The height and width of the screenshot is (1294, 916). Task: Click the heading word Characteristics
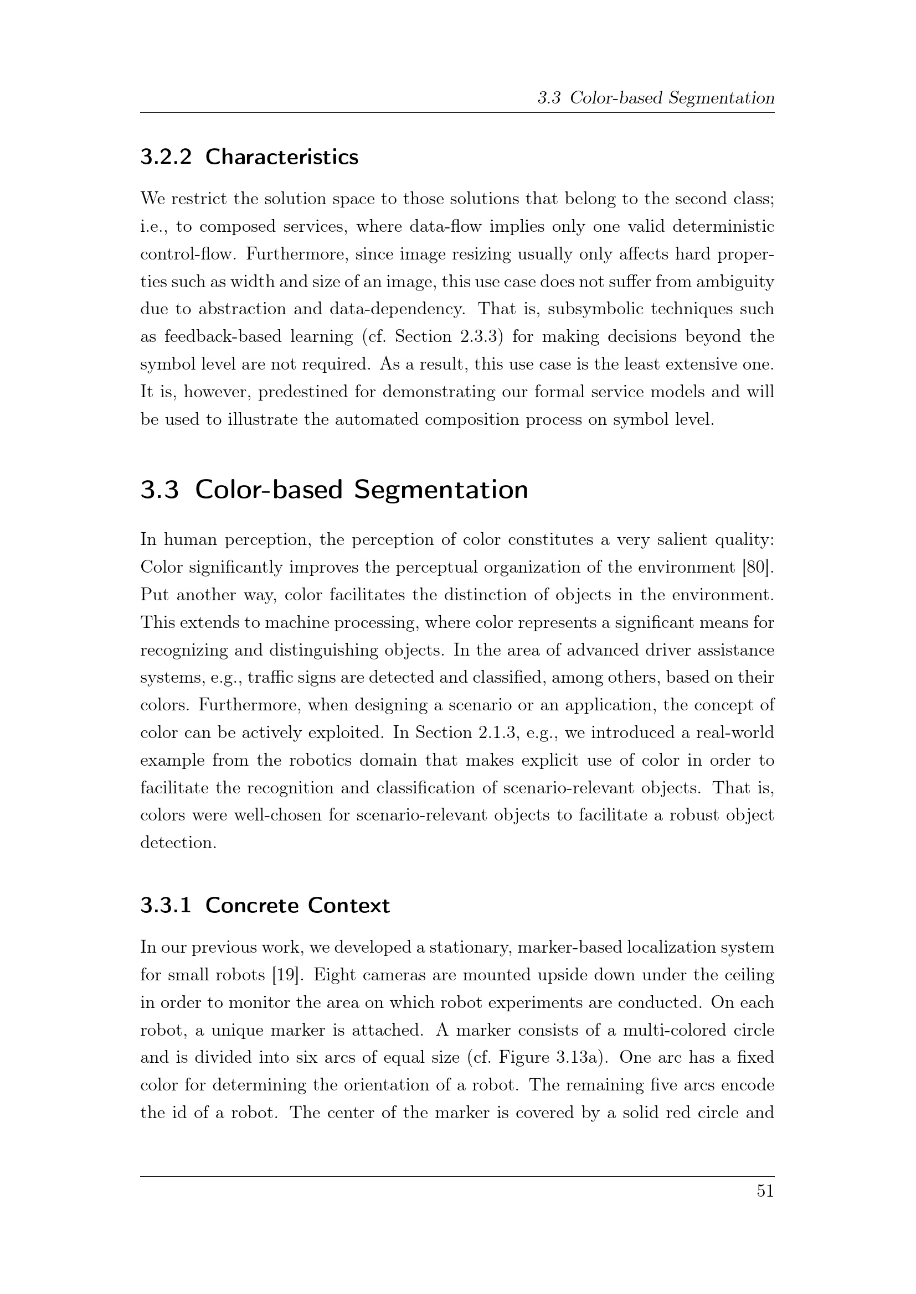[281, 157]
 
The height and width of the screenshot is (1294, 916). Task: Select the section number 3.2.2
[166, 157]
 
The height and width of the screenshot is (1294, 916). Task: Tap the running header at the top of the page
[655, 98]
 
